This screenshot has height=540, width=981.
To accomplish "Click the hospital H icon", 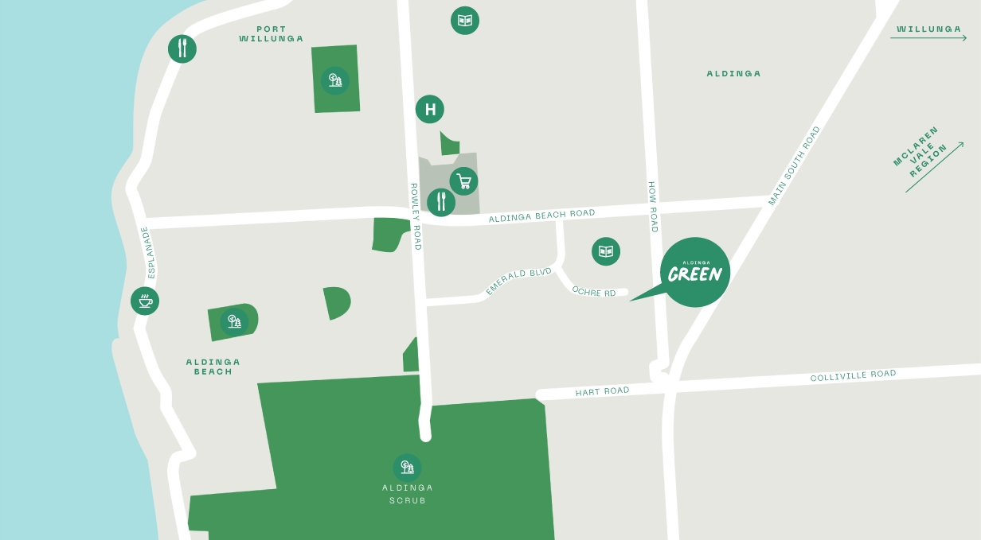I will coord(430,109).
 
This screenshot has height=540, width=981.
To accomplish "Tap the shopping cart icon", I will coord(463,181).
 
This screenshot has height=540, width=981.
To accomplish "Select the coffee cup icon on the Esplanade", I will coord(145,301).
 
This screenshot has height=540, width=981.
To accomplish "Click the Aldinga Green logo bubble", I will coord(694,272).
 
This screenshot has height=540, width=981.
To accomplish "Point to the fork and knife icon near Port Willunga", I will coord(182,49).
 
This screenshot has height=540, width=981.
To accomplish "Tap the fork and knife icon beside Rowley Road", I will coord(441,202).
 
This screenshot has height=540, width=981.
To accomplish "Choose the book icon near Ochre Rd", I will coord(606,251).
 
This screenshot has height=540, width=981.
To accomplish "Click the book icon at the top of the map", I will coord(465,21).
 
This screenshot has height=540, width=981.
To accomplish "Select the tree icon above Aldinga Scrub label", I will coord(407,467).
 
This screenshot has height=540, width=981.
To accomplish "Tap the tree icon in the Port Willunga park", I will coord(335,80).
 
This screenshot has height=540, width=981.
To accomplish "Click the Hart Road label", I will coord(602,391).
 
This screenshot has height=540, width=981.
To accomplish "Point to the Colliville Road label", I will coord(853,375).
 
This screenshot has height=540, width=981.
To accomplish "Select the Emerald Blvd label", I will coord(518,282).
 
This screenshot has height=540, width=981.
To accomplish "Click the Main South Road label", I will coord(794,165).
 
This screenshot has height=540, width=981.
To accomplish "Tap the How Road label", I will coord(652,207).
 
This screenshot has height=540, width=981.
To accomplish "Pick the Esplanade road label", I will coord(147,252).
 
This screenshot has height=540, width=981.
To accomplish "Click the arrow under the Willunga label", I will coord(928,37).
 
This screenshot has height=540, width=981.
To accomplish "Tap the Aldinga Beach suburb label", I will coord(213,367).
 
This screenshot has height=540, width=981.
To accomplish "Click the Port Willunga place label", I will coord(272,34).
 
